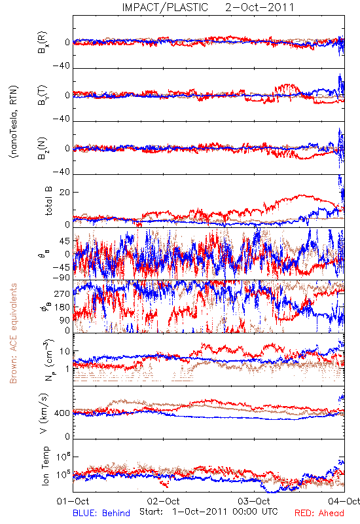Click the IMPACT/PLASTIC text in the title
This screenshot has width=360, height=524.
[x=165, y=7]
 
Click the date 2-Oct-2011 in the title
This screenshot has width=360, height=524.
[x=260, y=7]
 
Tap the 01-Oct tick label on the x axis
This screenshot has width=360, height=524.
[x=73, y=501]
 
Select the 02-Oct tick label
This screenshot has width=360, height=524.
[x=163, y=501]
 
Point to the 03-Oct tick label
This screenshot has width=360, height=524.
[x=254, y=501]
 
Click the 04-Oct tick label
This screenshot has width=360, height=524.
[x=344, y=501]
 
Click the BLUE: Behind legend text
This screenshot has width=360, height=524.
[x=101, y=513]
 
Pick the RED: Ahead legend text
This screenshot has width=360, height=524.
[x=319, y=513]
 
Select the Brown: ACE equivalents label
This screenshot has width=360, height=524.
[x=13, y=333]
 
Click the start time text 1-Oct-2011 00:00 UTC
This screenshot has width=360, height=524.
[x=225, y=512]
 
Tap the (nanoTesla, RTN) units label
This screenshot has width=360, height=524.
[x=14, y=122]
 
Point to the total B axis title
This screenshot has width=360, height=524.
[x=48, y=201]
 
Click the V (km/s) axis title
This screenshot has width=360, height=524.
[x=44, y=413]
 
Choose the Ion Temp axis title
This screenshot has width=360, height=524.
[x=45, y=466]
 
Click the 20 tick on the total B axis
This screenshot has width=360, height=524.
[x=65, y=193]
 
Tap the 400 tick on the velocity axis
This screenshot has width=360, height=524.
[x=62, y=413]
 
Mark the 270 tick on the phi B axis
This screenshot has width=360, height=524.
[x=62, y=294]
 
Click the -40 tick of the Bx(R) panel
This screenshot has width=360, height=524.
[x=61, y=66]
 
